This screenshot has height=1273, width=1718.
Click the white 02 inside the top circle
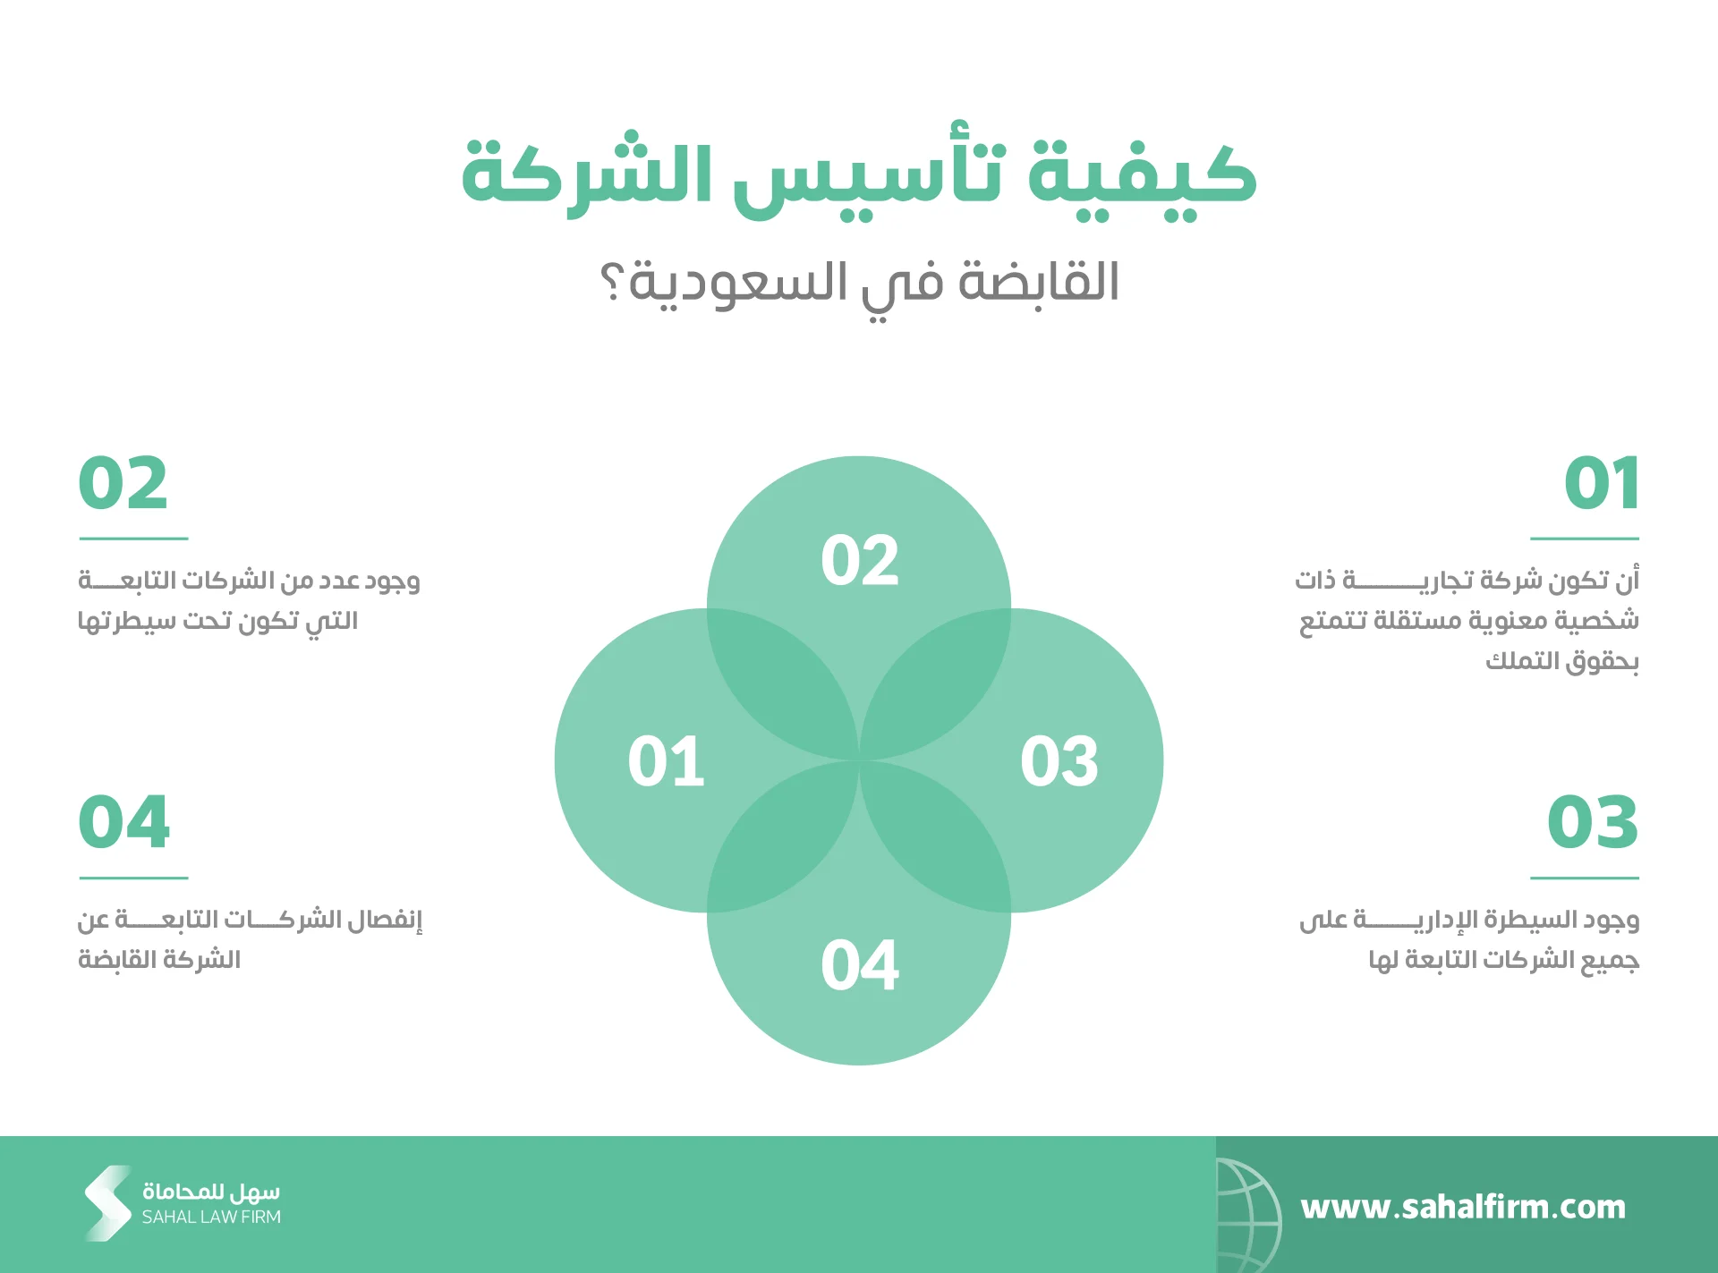[860, 561]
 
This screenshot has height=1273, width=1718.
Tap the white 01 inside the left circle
[666, 761]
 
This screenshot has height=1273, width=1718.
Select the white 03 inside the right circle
[1059, 761]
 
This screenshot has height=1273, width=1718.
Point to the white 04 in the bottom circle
[860, 964]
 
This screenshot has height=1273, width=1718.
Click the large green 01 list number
[1602, 483]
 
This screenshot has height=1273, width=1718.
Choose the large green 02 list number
[123, 483]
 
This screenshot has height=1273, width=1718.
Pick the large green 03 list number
[1593, 822]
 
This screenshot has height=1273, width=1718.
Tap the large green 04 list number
[124, 822]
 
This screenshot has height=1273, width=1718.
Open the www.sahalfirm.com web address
[1463, 1207]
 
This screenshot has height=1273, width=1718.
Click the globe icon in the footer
[1249, 1214]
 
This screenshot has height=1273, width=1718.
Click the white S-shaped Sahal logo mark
[108, 1203]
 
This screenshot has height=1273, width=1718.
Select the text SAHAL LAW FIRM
[211, 1217]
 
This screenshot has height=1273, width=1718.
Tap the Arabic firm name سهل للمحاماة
[211, 1192]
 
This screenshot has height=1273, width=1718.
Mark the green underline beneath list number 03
[1585, 878]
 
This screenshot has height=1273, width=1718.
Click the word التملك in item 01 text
[1523, 660]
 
